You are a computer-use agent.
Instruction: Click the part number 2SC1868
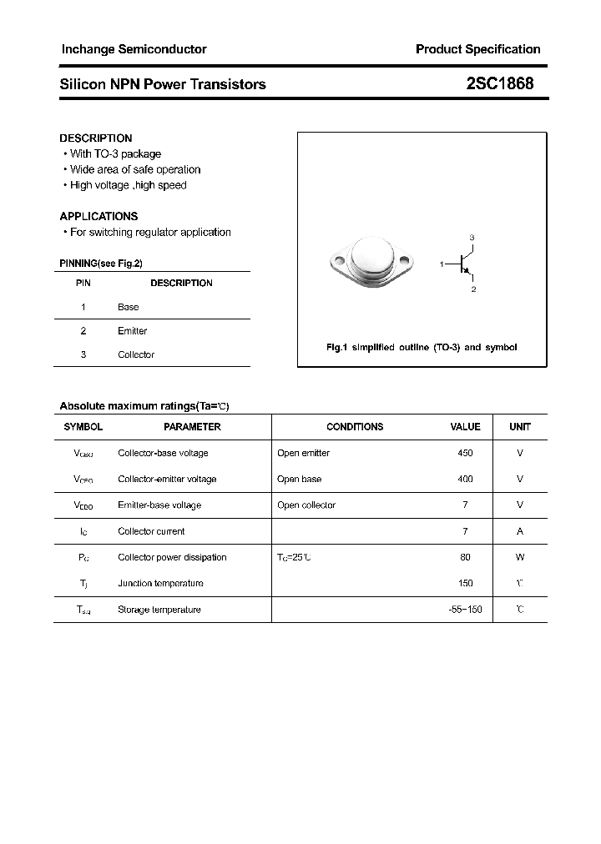click(499, 84)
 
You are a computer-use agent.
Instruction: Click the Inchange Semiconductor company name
click(134, 49)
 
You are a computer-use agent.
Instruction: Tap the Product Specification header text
click(477, 49)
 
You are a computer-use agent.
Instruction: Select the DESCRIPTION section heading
click(96, 138)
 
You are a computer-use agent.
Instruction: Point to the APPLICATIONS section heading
click(98, 216)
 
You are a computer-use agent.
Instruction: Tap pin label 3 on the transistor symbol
click(472, 239)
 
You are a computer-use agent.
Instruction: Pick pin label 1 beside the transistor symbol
click(441, 264)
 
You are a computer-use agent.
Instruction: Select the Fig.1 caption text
click(422, 347)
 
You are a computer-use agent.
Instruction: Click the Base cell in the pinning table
click(129, 307)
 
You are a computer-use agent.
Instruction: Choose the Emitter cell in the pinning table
click(132, 331)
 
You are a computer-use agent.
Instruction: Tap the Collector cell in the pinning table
click(136, 354)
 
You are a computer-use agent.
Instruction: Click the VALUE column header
click(465, 427)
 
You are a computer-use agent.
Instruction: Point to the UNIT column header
click(520, 427)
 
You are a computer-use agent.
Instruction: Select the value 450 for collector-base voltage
click(465, 453)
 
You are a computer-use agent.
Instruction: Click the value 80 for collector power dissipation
click(465, 557)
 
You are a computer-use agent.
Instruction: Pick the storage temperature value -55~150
click(465, 610)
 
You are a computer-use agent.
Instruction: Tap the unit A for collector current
click(520, 531)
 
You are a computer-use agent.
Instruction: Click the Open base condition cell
click(299, 479)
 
